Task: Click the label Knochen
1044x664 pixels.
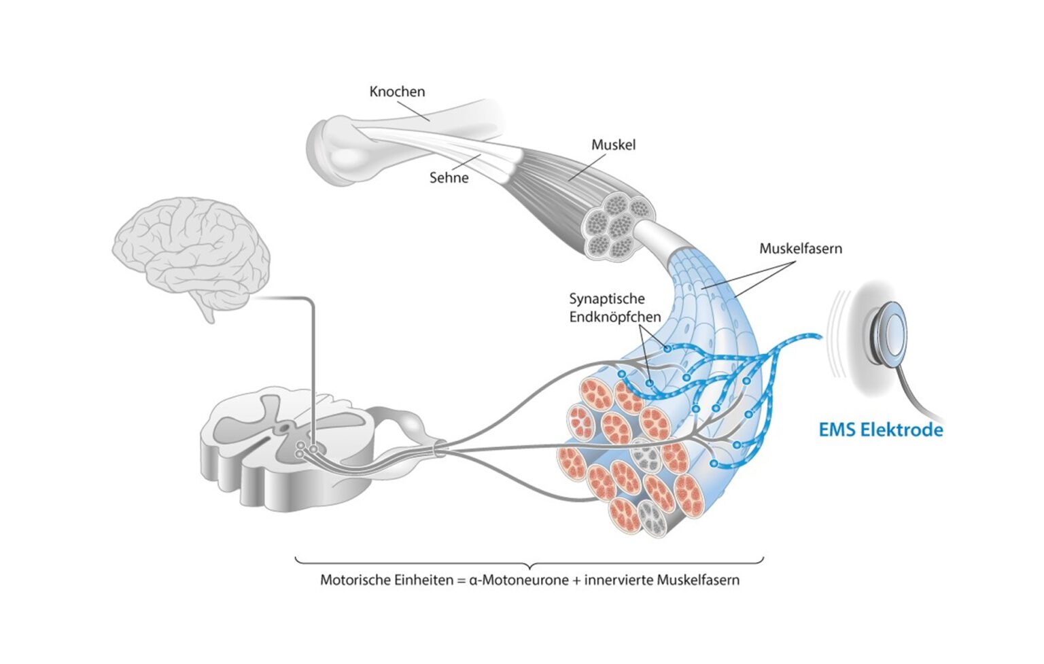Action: (x=397, y=91)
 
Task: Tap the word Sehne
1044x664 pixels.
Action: (x=449, y=178)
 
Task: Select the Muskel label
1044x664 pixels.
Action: (x=613, y=145)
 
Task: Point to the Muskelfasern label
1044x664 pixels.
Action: (x=800, y=249)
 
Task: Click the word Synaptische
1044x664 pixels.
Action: (x=607, y=298)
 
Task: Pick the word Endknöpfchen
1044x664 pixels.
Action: (x=615, y=317)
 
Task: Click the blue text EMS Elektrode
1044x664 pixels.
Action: (x=880, y=430)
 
